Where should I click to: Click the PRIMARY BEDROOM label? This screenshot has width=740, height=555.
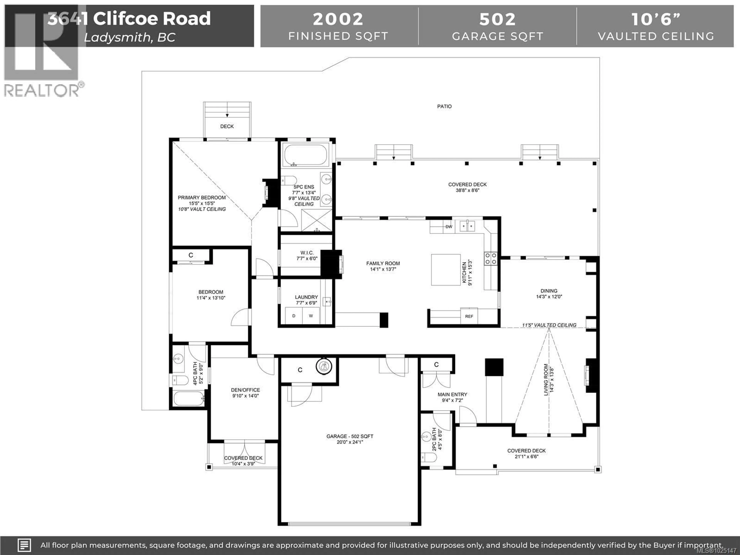tap(202, 198)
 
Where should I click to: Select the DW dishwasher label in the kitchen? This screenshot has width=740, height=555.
tap(449, 227)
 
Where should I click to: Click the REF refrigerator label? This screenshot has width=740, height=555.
tap(469, 316)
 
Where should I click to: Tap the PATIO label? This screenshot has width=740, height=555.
tap(444, 106)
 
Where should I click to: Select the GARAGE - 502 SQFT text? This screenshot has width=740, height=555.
tap(350, 436)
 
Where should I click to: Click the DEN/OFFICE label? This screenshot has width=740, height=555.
tap(245, 390)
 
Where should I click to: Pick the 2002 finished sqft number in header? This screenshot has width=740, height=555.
tap(338, 19)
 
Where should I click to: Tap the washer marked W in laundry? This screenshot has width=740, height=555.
tap(311, 316)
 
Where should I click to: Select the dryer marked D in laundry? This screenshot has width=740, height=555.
tap(294, 316)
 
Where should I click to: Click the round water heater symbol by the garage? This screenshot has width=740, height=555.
tap(324, 367)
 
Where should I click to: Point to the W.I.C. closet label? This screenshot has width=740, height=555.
tap(307, 253)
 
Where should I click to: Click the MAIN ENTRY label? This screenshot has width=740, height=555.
tap(452, 395)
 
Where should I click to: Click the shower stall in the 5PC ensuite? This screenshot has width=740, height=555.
tap(316, 220)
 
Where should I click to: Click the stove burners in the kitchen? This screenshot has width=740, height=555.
tap(490, 259)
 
